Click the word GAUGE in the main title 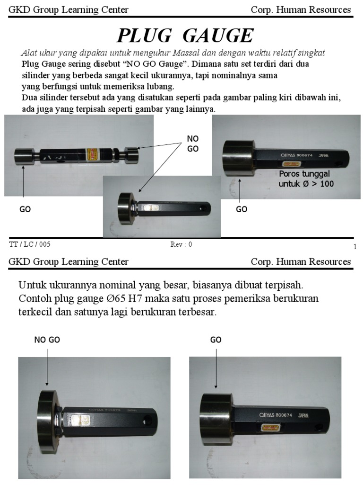tap(218, 36)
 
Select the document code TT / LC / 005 tap(30, 244)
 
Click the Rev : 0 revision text tap(181, 244)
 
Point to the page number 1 tap(354, 247)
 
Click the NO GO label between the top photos tap(193, 143)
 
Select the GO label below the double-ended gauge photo tap(25, 209)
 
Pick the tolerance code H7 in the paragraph tap(165, 299)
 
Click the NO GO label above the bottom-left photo tap(47, 340)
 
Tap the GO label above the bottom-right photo tap(216, 340)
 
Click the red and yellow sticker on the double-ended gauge tap(92, 154)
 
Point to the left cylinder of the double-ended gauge tap(22, 156)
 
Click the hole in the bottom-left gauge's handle tap(148, 420)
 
